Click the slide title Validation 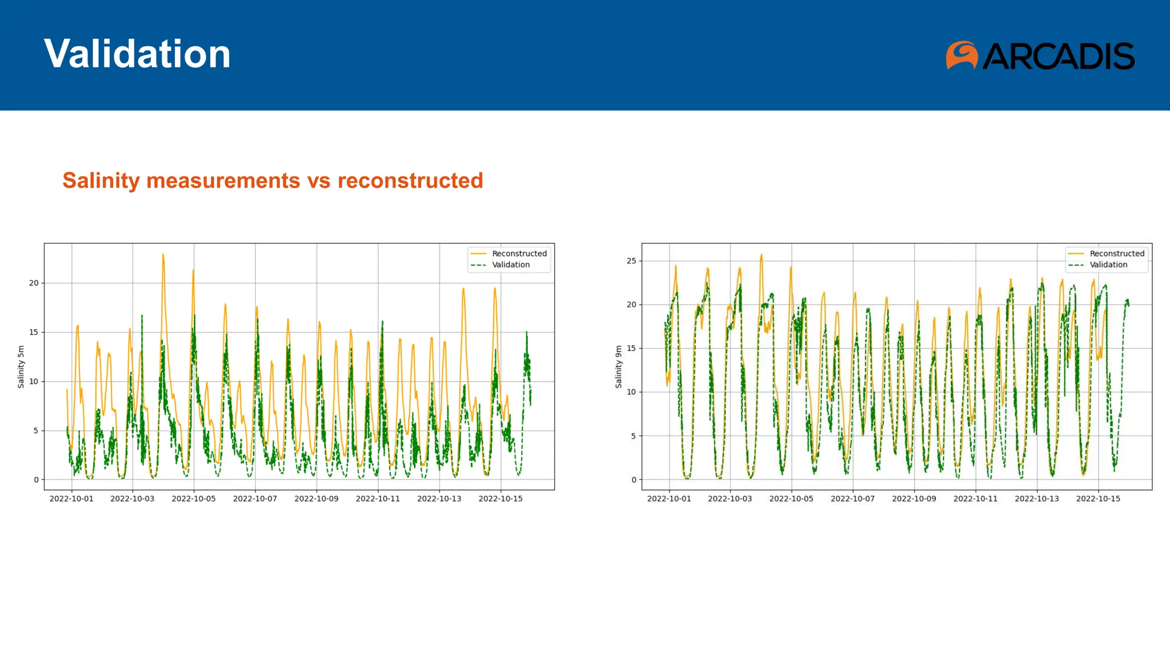[x=137, y=54]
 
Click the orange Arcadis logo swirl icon [x=961, y=55]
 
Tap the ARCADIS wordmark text [x=1059, y=56]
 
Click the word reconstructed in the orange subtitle [x=410, y=180]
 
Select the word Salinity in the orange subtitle [x=101, y=180]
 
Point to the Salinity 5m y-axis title [x=21, y=367]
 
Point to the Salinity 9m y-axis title [x=619, y=367]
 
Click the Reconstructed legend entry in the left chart [x=519, y=254]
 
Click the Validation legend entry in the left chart [x=511, y=265]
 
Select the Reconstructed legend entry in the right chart [x=1116, y=254]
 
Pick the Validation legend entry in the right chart [x=1108, y=265]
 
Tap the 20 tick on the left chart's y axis [x=34, y=283]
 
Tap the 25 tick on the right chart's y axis [x=631, y=261]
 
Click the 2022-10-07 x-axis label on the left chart [x=255, y=499]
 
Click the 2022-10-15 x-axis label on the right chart [x=1098, y=499]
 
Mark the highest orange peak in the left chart [x=163, y=255]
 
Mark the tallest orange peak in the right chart [x=762, y=255]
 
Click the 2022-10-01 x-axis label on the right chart [x=669, y=499]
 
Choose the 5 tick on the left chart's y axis [x=36, y=431]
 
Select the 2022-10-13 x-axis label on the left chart [x=439, y=499]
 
